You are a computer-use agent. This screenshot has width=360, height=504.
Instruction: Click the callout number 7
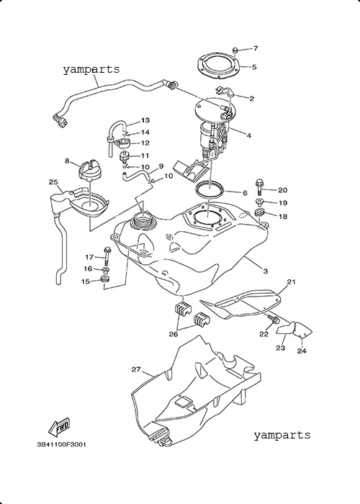point(256,48)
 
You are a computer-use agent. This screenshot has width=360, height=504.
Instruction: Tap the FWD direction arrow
point(59,428)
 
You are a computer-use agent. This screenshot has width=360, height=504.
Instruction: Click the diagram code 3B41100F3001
point(62,445)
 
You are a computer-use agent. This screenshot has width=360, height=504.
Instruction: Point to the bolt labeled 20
point(259,188)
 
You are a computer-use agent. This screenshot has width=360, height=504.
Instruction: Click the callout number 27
point(136,369)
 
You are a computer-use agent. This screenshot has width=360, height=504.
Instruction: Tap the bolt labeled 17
point(107,256)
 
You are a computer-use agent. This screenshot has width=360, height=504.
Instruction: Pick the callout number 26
point(174,334)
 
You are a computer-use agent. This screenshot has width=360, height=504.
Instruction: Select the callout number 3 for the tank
point(266,271)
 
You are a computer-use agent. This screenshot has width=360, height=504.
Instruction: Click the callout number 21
point(291,282)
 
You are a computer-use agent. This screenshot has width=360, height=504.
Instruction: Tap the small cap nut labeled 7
point(235,50)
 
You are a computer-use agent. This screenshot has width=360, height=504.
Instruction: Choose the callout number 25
point(53,182)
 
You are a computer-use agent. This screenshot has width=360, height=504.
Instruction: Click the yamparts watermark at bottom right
point(282,435)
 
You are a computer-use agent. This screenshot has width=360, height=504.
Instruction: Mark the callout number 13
point(145,120)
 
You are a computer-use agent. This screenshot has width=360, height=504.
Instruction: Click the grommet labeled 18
point(259,213)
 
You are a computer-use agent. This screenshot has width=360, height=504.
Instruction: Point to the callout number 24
point(302,351)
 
